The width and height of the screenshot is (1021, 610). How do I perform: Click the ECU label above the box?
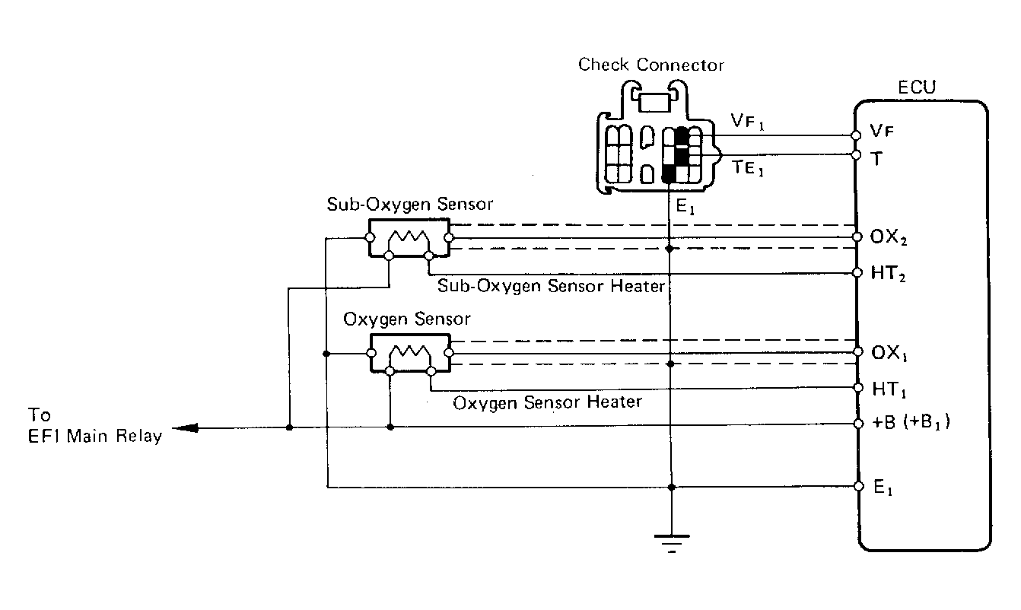click(x=917, y=87)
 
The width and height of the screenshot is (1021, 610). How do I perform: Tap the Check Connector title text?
click(x=651, y=65)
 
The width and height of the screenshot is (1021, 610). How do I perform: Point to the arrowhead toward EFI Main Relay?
click(x=185, y=428)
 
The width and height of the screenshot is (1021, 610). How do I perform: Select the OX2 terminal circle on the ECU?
click(x=857, y=237)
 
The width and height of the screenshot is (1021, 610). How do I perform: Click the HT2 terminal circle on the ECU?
click(x=857, y=272)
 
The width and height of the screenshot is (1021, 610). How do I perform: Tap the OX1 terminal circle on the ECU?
click(x=858, y=351)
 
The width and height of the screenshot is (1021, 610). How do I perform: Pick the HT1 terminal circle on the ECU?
click(x=858, y=388)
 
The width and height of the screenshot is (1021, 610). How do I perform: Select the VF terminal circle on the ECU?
click(x=856, y=135)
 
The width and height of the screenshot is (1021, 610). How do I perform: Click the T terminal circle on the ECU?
click(x=856, y=155)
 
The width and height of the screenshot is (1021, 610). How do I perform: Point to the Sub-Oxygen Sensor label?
click(x=410, y=205)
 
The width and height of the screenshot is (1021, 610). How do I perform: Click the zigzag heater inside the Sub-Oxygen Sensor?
click(x=409, y=237)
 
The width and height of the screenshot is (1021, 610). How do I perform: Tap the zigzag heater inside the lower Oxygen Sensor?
click(x=410, y=353)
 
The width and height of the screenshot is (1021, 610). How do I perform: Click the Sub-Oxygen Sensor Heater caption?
click(x=551, y=286)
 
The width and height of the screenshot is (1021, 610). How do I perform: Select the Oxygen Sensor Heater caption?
click(x=548, y=402)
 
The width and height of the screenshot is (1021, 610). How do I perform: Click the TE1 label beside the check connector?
click(x=748, y=167)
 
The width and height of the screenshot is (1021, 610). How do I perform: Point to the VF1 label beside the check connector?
click(x=748, y=121)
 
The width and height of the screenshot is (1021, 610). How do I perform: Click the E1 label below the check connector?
click(x=685, y=206)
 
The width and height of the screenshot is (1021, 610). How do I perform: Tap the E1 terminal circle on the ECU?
click(x=859, y=487)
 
